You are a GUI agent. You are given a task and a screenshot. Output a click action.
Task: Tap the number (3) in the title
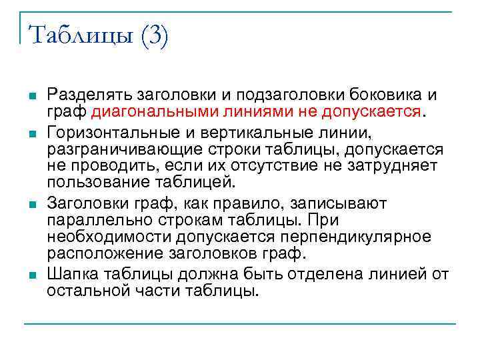click(155, 35)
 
